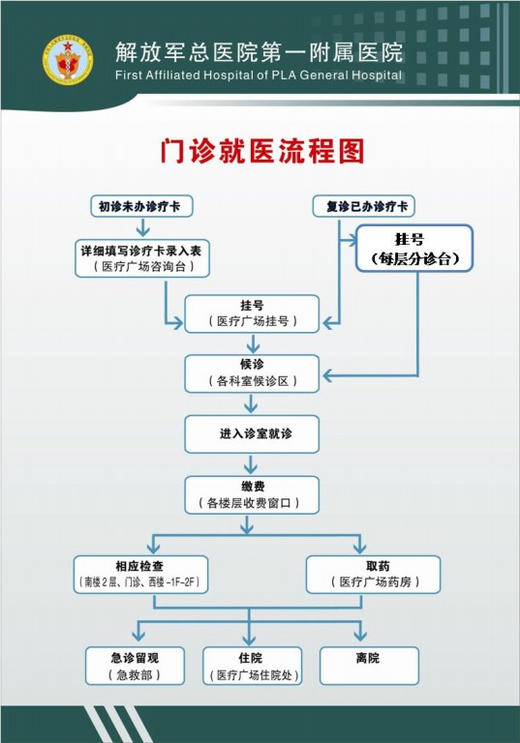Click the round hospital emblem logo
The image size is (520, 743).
pyautogui.click(x=68, y=60)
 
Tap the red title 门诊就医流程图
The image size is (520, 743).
pyautogui.click(x=261, y=151)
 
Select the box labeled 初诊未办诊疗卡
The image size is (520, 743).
pyautogui.click(x=141, y=206)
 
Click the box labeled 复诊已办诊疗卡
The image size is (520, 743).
pyautogui.click(x=363, y=206)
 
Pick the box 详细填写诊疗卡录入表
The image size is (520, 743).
pyautogui.click(x=142, y=258)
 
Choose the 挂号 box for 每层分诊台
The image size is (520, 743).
pyautogui.click(x=414, y=248)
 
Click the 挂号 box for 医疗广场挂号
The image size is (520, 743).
pyautogui.click(x=252, y=313)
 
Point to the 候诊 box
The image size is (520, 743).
pyautogui.click(x=252, y=373)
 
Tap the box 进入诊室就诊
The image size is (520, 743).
pyautogui.click(x=252, y=434)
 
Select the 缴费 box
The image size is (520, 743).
pyautogui.click(x=252, y=495)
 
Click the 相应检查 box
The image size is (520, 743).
pyautogui.click(x=141, y=575)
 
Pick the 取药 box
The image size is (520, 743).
pyautogui.click(x=374, y=575)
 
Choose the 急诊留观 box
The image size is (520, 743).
pyautogui.click(x=135, y=666)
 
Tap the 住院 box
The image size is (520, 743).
pyautogui.click(x=253, y=666)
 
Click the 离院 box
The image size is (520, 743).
pyautogui.click(x=370, y=666)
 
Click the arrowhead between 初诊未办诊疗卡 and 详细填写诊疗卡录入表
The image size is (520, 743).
pyautogui.click(x=142, y=231)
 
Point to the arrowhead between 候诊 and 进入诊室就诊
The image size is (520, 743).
pyautogui.click(x=251, y=407)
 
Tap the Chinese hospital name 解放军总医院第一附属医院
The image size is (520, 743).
pyautogui.click(x=260, y=52)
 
